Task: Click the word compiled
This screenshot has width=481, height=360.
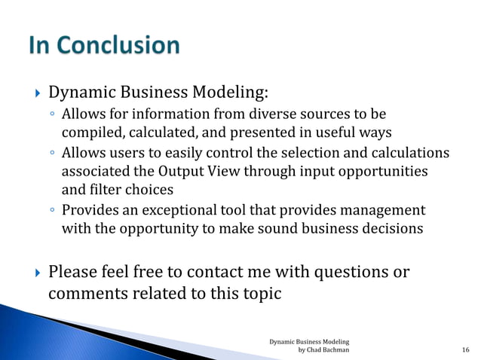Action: tap(89, 133)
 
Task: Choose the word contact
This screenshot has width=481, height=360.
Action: tap(215, 271)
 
